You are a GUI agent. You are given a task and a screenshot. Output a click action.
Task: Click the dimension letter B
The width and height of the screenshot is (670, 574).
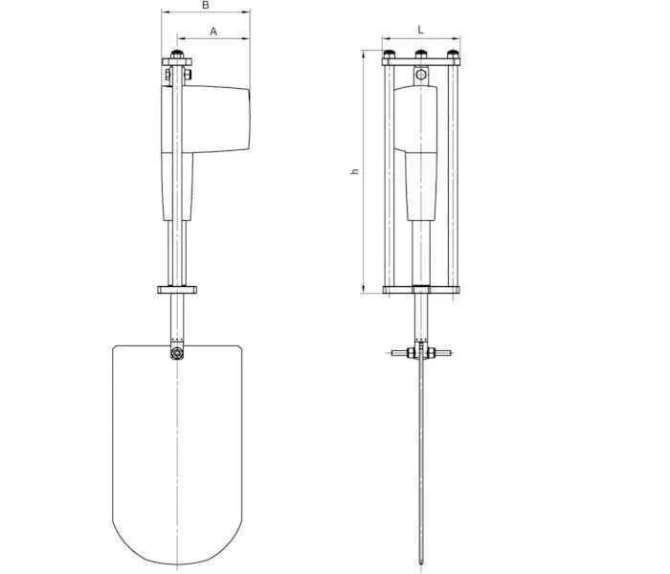(206, 5)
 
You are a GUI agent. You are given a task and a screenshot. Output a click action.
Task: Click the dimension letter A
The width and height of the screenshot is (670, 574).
(213, 32)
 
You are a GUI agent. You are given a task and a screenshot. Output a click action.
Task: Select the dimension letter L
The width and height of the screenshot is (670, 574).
(421, 30)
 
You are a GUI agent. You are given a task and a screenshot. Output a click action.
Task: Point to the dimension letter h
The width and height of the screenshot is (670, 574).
(355, 171)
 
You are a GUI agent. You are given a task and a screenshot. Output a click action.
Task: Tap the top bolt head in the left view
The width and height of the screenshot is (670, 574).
(177, 55)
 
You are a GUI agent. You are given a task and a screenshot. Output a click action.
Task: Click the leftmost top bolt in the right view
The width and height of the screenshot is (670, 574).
(390, 55)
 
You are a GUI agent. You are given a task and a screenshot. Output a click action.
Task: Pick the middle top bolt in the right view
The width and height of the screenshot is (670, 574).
(421, 55)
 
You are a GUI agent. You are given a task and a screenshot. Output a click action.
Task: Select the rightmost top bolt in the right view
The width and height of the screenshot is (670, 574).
(453, 55)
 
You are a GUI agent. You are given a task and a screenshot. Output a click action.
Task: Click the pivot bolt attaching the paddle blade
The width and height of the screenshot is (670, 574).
(176, 354)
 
